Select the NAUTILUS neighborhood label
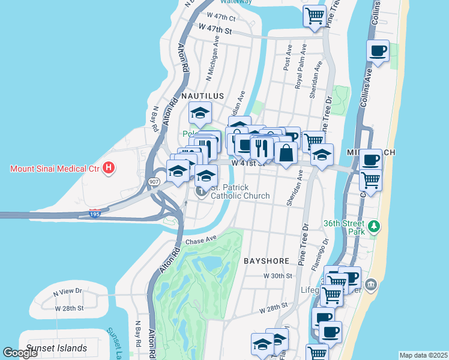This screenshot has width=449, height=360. tap(202, 96)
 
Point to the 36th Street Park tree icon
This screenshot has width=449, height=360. tap(375, 226)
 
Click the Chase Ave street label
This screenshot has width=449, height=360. tap(200, 241)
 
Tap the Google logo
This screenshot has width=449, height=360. tap(20, 352)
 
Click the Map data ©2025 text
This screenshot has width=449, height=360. tap(423, 355)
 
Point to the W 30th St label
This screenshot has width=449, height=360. tap(277, 276)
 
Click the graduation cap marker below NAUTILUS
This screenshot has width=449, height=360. tap(200, 112)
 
